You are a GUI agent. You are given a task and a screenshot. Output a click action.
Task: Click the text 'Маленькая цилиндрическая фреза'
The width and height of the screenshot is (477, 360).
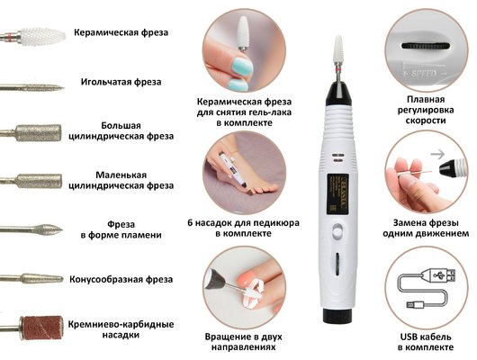[x=134, y=180]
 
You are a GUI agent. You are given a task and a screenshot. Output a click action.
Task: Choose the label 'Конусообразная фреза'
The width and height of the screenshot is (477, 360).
[x=125, y=277]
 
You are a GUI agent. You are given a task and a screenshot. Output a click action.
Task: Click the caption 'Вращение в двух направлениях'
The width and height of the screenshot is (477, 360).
[x=238, y=340]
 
